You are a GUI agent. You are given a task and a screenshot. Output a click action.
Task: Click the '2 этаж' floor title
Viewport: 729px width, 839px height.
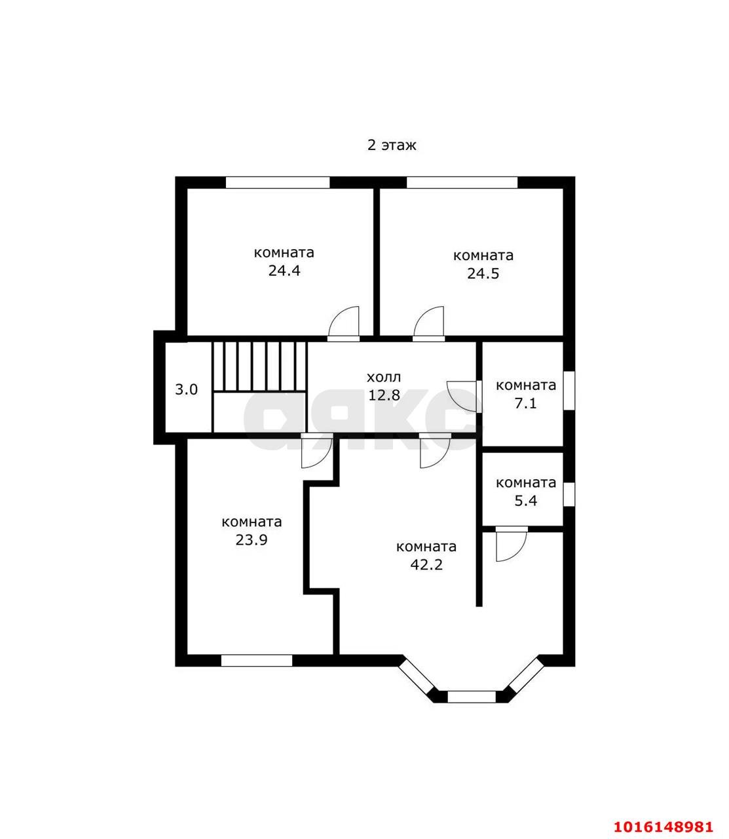point(391,146)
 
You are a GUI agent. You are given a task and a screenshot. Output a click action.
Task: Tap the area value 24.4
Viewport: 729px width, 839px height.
point(284,271)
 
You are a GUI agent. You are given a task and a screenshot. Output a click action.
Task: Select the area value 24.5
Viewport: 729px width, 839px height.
point(483,273)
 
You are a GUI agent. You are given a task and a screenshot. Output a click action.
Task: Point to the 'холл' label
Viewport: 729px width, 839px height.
point(384,378)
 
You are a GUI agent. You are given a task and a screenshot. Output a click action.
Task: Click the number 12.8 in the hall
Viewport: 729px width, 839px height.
point(384,395)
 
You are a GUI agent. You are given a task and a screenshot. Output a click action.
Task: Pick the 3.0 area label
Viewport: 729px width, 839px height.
point(187,389)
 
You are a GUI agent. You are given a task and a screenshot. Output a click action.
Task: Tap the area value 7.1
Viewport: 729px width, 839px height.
point(525,404)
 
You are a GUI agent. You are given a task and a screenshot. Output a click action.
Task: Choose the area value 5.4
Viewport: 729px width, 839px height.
point(526,501)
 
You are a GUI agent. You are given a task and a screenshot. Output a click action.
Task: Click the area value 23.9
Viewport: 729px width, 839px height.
point(252,540)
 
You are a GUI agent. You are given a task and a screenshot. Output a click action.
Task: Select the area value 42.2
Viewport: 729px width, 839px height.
point(426,565)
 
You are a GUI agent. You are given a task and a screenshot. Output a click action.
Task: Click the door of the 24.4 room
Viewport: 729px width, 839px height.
point(344,324)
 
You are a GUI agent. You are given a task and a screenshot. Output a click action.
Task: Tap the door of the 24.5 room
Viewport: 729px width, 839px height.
point(428,324)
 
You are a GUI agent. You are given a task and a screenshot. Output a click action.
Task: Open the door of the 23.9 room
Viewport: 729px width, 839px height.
point(316,451)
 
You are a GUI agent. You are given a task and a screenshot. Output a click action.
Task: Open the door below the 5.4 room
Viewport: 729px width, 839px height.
point(511,544)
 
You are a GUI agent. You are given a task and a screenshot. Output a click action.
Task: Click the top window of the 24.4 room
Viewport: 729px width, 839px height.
point(278,182)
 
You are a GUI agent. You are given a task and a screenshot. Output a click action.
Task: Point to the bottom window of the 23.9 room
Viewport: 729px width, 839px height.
point(257,661)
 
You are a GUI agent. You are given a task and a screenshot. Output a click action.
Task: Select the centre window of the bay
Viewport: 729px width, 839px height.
point(472,697)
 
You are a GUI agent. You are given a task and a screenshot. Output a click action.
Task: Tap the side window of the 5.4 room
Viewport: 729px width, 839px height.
point(569,494)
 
